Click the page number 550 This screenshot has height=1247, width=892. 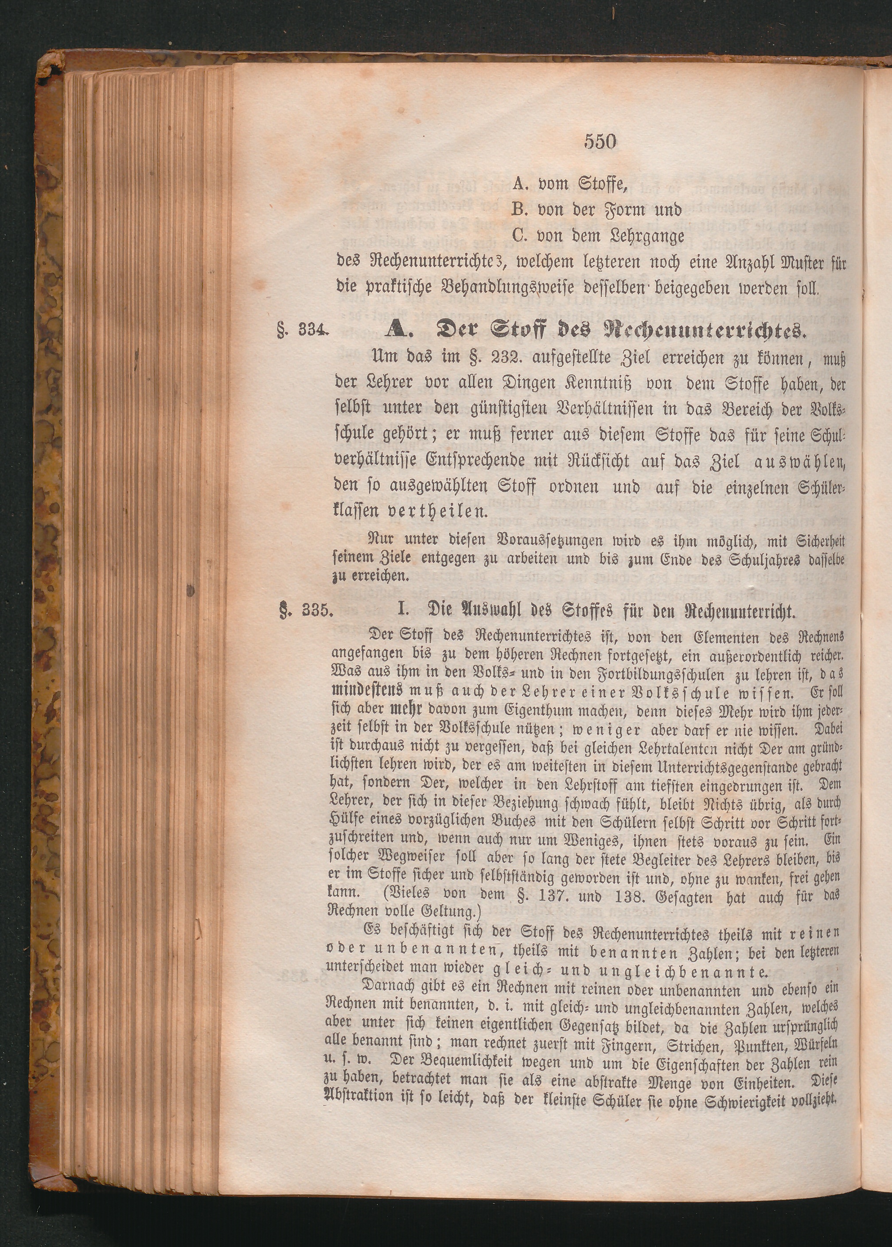[600, 142]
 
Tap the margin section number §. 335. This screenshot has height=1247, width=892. [305, 612]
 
